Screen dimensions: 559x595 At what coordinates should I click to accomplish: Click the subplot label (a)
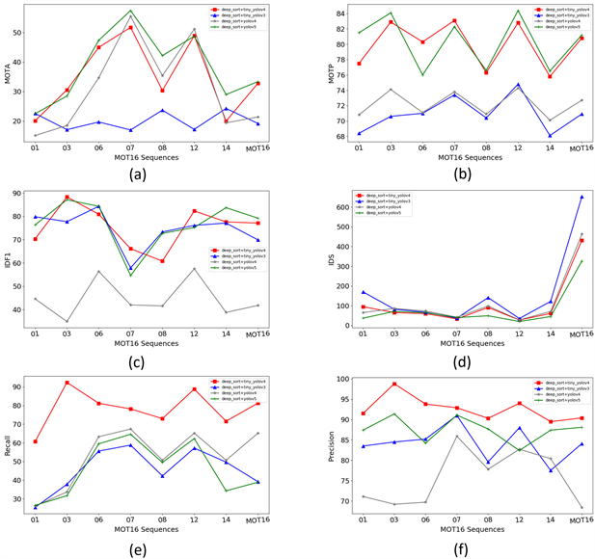click(x=149, y=173)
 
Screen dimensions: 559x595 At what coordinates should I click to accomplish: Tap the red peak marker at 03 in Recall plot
click(x=67, y=383)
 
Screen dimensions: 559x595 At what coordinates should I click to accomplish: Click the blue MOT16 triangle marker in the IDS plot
click(x=581, y=198)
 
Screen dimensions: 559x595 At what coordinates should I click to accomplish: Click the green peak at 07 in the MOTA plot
click(x=131, y=11)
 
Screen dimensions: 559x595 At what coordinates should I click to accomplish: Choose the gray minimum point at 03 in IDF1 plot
click(x=67, y=322)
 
